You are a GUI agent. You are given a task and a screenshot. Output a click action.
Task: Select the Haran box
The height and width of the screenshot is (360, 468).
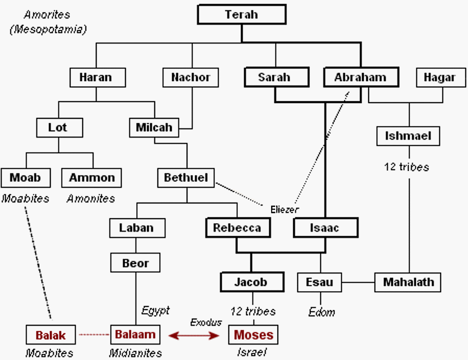(x=95, y=77)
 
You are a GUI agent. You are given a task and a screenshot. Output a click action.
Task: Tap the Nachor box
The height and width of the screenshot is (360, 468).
(x=191, y=77)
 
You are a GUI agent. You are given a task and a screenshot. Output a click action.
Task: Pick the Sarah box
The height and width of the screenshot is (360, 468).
(x=274, y=77)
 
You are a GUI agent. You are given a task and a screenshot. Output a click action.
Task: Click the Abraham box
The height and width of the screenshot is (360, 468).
(x=360, y=77)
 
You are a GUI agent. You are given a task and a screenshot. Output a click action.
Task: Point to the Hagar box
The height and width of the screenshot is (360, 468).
(x=439, y=77)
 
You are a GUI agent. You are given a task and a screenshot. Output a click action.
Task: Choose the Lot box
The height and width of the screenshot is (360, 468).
(x=59, y=128)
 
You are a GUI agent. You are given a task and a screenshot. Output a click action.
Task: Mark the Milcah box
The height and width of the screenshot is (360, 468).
(x=154, y=128)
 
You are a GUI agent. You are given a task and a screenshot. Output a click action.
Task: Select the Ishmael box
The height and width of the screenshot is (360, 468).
(x=408, y=136)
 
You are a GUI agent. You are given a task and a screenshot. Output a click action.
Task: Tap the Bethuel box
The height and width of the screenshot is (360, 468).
(x=186, y=178)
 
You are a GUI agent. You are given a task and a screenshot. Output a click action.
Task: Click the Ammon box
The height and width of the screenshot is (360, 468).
(x=92, y=178)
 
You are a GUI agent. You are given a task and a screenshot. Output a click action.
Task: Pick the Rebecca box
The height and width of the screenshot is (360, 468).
(x=237, y=228)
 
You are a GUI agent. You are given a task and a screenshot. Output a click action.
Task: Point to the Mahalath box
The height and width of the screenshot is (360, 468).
(x=408, y=283)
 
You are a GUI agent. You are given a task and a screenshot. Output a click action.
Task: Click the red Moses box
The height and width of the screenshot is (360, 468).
(x=254, y=335)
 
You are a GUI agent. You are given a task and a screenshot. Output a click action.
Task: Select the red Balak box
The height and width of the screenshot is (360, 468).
(x=51, y=335)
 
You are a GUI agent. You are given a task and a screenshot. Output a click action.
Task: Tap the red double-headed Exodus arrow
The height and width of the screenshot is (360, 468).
(x=194, y=335)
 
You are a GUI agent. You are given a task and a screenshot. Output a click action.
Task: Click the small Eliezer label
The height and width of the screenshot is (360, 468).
(x=285, y=209)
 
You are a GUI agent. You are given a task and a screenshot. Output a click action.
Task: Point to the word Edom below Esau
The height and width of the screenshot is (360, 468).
(x=321, y=312)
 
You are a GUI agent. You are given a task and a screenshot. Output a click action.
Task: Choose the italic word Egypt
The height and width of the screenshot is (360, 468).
(x=156, y=310)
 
